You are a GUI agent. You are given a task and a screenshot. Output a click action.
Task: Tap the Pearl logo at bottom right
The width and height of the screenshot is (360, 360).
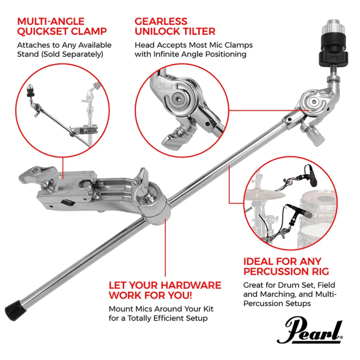pyautogui.click(x=310, y=331)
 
